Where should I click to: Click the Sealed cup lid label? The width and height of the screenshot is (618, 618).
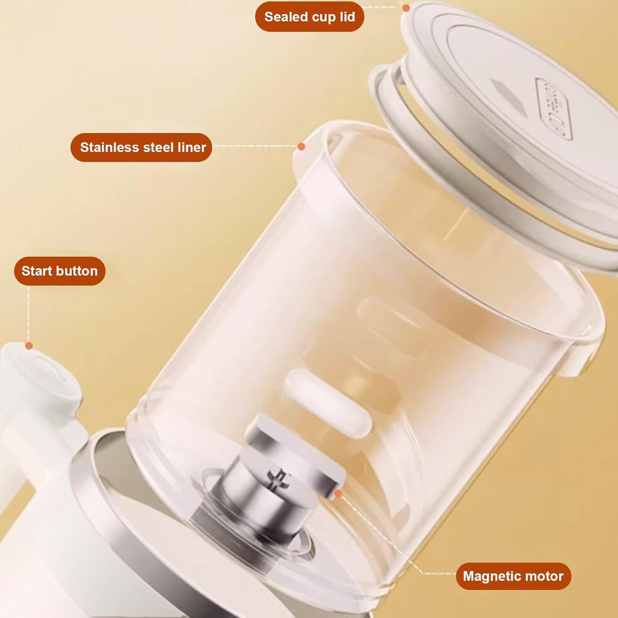(x=309, y=17)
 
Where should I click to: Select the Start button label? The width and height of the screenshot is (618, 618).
(x=59, y=271)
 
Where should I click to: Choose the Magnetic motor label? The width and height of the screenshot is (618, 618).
(x=513, y=576)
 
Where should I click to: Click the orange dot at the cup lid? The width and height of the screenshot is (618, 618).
(x=406, y=8)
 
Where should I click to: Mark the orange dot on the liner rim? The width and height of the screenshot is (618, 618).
(x=301, y=146)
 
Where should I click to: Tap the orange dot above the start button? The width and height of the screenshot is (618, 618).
(x=29, y=346)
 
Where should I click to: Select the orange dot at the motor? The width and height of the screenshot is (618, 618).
(x=338, y=494)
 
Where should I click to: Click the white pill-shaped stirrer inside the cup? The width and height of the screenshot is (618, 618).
(x=327, y=402)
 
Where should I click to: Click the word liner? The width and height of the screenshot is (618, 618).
(x=192, y=148)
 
